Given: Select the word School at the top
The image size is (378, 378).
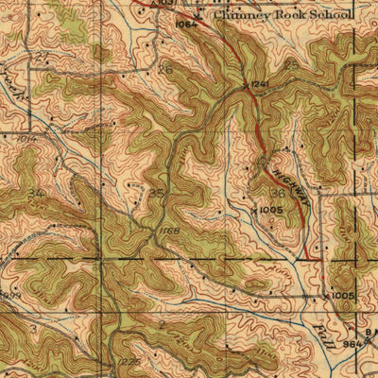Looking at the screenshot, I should coord(330,16).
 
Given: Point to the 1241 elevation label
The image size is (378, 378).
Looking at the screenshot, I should coord(260,84).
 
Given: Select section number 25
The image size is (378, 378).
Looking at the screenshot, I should coord(312,71).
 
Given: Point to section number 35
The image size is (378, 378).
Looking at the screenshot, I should coord(157,195).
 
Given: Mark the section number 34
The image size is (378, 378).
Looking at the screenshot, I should coord(36,193).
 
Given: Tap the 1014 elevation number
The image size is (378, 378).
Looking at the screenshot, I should coord(25,138).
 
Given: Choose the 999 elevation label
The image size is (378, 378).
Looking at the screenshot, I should coord(10,295).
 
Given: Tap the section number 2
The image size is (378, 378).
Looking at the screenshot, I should coord(161,324).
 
